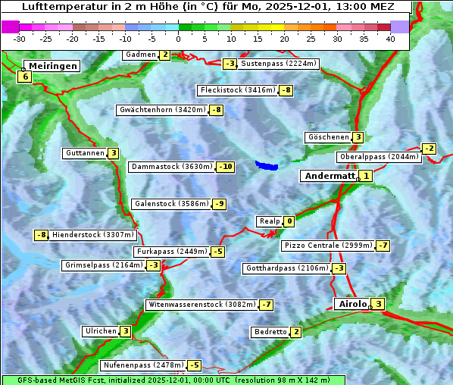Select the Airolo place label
coord(352,304)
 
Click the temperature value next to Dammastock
coord(226,167)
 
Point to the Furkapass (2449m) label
coord(171,252)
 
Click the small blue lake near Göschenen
coord(267,164)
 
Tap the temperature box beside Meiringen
coord(25,77)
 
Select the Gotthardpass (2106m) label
coord(286,268)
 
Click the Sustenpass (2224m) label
coord(273,64)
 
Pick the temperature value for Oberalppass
coord(430,149)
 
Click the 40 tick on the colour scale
coord(389,38)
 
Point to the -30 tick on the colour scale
coord(20,38)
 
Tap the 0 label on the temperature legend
coord(178,38)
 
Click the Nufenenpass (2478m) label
coord(142,365)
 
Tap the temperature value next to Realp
coord(289,221)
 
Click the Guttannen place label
coord(85,153)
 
